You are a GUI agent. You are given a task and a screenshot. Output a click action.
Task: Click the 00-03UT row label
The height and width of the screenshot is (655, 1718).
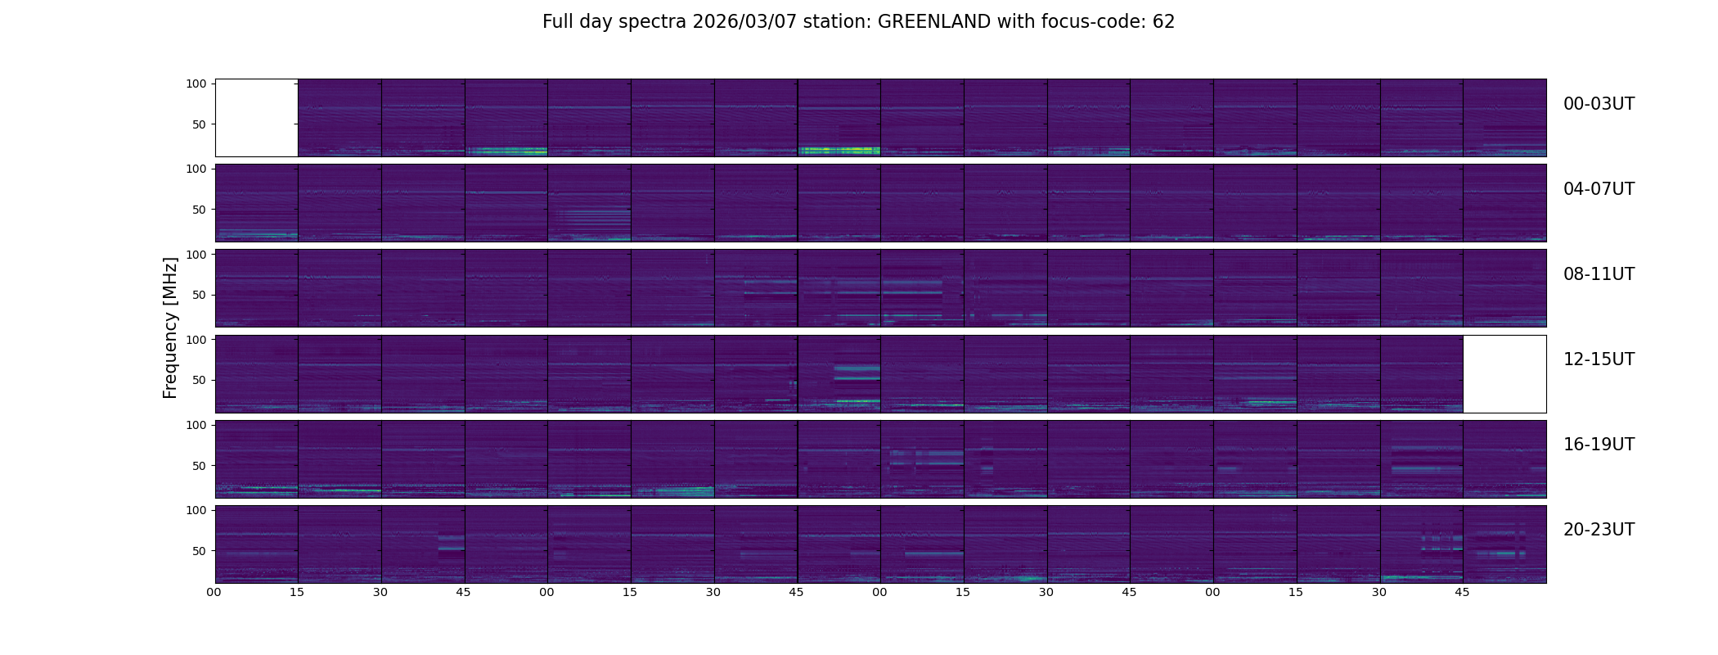pyautogui.click(x=1599, y=104)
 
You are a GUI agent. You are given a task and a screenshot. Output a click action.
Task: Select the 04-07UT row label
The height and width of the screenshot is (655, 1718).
pyautogui.click(x=1599, y=189)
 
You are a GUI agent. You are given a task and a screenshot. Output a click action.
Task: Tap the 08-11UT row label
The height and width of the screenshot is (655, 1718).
pyautogui.click(x=1599, y=274)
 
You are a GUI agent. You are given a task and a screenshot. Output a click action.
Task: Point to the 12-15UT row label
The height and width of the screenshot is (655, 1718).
pyautogui.click(x=1599, y=359)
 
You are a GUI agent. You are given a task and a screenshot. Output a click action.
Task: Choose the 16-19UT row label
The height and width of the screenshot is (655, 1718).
pyautogui.click(x=1599, y=445)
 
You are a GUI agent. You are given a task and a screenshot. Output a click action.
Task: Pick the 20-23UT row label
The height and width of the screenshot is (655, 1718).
pyautogui.click(x=1599, y=530)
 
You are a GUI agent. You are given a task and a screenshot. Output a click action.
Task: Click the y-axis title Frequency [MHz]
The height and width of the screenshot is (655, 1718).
pyautogui.click(x=170, y=327)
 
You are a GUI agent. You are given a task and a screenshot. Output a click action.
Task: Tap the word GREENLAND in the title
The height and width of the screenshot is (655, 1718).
pyautogui.click(x=934, y=22)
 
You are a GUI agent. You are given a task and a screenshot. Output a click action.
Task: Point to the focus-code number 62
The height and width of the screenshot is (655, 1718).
pyautogui.click(x=1163, y=22)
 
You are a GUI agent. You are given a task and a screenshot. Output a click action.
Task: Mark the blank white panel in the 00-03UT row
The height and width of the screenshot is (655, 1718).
pyautogui.click(x=256, y=117)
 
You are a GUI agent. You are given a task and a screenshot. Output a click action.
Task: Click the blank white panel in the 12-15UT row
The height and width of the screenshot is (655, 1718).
pyautogui.click(x=1504, y=373)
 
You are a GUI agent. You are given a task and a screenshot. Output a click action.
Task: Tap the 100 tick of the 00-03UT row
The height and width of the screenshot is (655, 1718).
pyautogui.click(x=196, y=84)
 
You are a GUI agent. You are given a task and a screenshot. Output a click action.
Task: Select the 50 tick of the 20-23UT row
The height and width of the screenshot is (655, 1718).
pyautogui.click(x=199, y=551)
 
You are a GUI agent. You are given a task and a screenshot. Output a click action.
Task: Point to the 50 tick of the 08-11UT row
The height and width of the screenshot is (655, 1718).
pyautogui.click(x=199, y=295)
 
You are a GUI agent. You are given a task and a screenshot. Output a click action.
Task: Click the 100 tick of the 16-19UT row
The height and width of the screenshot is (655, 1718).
pyautogui.click(x=196, y=425)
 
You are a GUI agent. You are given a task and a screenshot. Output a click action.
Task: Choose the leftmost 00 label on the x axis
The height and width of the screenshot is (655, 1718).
pyautogui.click(x=214, y=593)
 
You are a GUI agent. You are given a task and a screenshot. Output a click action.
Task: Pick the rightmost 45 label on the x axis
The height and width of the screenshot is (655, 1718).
pyautogui.click(x=1462, y=593)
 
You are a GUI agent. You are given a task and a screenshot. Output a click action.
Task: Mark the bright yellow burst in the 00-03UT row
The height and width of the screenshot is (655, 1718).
pyautogui.click(x=839, y=151)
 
